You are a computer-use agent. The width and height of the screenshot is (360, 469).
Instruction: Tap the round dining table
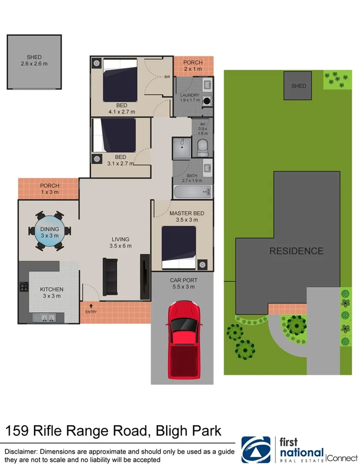49,232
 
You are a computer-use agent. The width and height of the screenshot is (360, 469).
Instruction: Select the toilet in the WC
203,146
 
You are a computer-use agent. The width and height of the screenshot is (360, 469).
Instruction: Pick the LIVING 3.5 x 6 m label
121,242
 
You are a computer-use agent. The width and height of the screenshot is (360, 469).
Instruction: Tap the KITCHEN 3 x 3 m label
52,292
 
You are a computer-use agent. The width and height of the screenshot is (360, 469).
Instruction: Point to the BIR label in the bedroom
167,77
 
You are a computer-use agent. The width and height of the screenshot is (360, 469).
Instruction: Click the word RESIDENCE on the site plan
296,251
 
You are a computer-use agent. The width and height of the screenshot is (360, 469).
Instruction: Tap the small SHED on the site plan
298,86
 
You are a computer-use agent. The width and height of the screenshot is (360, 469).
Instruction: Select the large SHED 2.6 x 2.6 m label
34,61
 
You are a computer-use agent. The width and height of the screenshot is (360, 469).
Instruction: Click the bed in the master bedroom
178,247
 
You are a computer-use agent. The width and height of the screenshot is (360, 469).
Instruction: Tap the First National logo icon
256,450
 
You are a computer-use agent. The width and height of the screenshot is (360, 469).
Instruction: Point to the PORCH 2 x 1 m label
193,66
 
